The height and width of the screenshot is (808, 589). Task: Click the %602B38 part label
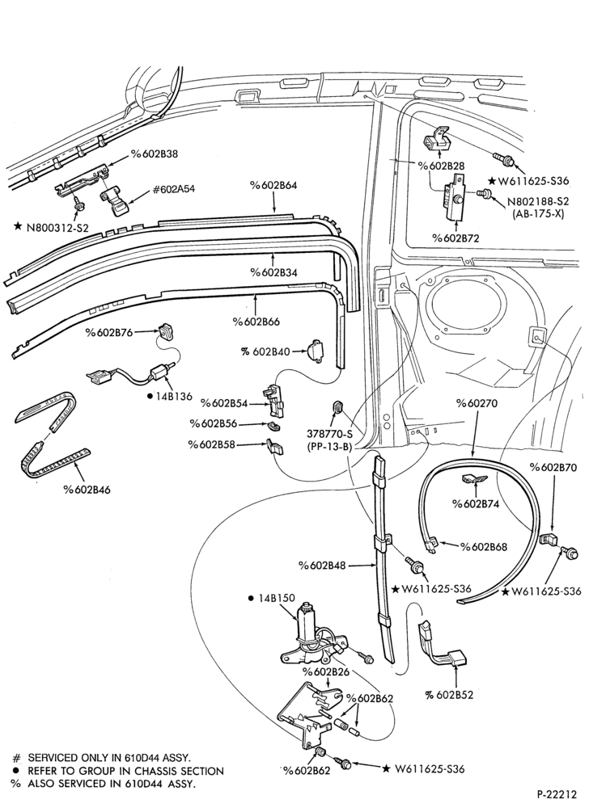(155, 154)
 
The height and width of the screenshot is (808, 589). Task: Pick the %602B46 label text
(87, 490)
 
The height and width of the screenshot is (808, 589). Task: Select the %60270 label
(477, 403)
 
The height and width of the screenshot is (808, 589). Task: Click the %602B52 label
(449, 695)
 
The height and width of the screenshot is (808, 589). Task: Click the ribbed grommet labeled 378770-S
(337, 407)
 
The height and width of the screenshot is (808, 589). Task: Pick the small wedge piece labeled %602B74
(473, 478)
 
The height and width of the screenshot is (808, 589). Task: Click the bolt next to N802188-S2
(483, 193)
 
